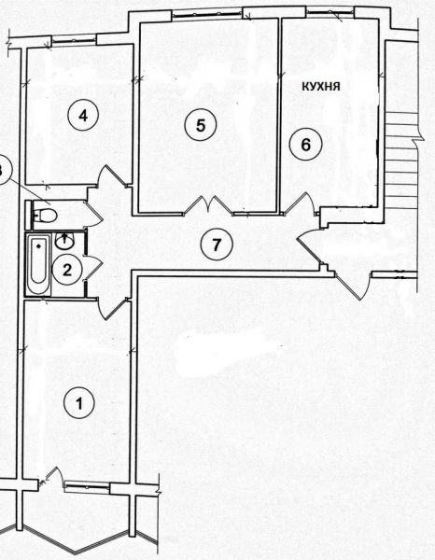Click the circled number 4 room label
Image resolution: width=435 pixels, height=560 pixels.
(83, 116)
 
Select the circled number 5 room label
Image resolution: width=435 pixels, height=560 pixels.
(201, 125)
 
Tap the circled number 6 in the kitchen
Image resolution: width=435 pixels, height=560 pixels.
(306, 145)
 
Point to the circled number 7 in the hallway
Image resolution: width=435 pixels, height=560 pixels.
(217, 245)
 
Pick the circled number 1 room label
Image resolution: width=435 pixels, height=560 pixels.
(79, 403)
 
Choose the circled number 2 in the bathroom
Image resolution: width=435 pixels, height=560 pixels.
(67, 270)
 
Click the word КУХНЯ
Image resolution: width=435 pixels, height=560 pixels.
(321, 86)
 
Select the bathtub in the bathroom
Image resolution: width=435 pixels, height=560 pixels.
(38, 264)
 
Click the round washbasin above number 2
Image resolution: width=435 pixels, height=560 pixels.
(64, 241)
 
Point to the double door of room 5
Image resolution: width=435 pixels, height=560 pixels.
(208, 205)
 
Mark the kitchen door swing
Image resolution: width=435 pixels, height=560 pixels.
(301, 203)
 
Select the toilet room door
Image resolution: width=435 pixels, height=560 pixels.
(93, 215)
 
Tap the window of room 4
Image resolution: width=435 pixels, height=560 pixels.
(74, 40)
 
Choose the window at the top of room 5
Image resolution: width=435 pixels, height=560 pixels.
(207, 14)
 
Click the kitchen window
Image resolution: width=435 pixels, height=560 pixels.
(330, 12)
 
